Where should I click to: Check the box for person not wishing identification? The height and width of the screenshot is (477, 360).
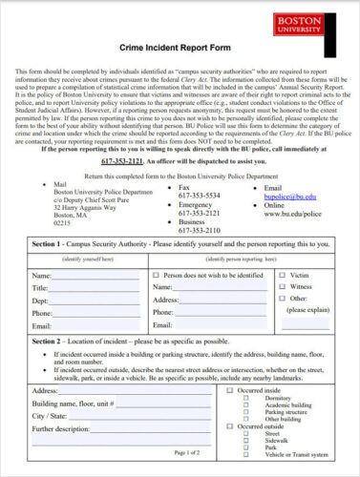tap(157, 274)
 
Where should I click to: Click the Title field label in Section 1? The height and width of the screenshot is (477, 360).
tap(40, 287)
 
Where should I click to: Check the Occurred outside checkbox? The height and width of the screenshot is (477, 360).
tap(230, 425)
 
